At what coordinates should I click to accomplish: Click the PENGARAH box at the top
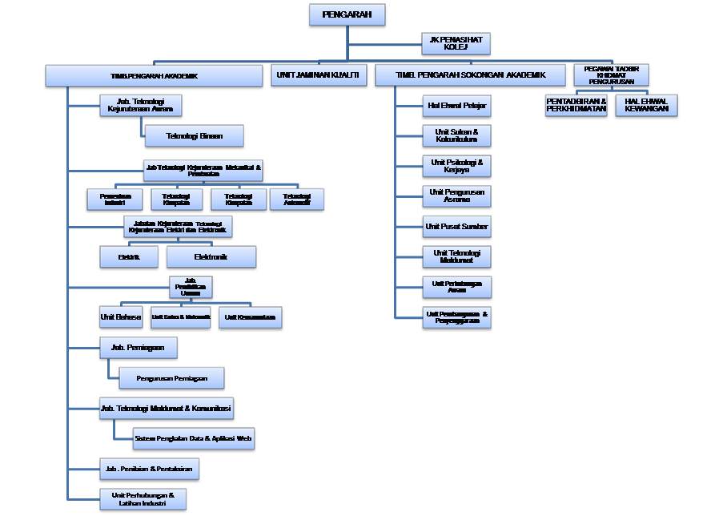[x=347, y=14]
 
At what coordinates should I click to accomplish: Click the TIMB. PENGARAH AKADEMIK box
[x=154, y=75]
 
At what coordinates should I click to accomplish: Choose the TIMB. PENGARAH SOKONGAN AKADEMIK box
[x=470, y=75]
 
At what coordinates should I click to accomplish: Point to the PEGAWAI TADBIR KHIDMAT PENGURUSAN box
[x=611, y=75]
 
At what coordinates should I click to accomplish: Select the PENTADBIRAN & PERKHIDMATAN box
[x=576, y=105]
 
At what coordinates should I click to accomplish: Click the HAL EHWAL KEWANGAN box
[x=646, y=105]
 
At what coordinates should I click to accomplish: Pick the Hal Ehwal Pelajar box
[x=456, y=105]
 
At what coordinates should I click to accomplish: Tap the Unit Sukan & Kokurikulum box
[x=456, y=135]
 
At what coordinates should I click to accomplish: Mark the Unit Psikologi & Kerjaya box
[x=456, y=166]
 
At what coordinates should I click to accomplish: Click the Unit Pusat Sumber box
[x=456, y=227]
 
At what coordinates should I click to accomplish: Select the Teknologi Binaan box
[x=194, y=135]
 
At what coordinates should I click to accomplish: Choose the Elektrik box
[x=128, y=257]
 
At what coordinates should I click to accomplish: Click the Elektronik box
[x=211, y=257]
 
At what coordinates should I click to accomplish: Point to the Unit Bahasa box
[x=121, y=317]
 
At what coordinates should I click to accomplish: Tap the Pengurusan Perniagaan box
[x=171, y=378]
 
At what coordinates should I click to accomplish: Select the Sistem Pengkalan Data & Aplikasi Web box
[x=193, y=438]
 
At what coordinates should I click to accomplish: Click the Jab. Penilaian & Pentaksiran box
[x=148, y=469]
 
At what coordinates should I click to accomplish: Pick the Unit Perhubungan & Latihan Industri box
[x=143, y=498]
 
